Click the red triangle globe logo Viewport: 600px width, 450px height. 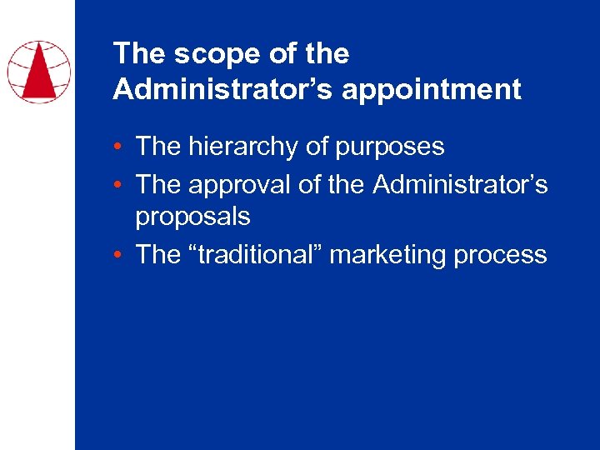(38, 72)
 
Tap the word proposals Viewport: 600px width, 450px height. (192, 217)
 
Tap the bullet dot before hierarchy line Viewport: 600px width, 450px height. (122, 147)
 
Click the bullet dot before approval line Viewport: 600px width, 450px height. (122, 184)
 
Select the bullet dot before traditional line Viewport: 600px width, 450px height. (122, 255)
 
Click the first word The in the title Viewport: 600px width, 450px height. (137, 54)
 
